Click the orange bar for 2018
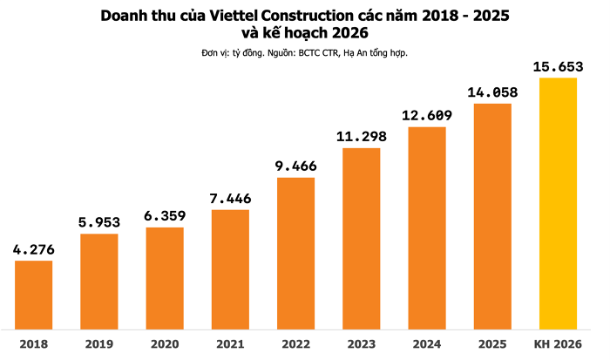click(34, 294)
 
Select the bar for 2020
click(165, 277)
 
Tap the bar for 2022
click(296, 253)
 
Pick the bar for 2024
click(427, 228)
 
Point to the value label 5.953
click(99, 222)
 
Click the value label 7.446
click(231, 198)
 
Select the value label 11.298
click(362, 136)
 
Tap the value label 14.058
click(493, 92)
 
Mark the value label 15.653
click(559, 66)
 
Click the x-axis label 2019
click(99, 343)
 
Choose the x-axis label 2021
click(231, 343)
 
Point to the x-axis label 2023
click(362, 343)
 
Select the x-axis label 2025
click(493, 343)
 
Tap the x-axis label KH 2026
click(559, 343)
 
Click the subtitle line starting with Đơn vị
click(304, 53)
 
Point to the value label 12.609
click(427, 115)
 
